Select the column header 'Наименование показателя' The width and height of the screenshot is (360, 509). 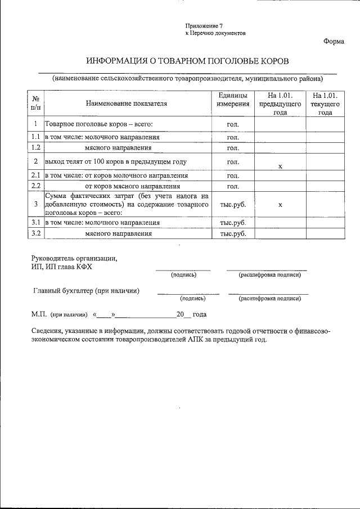[127, 103]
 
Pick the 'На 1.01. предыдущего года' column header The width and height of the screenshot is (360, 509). [280, 104]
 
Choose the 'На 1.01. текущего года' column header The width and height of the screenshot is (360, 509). [325, 104]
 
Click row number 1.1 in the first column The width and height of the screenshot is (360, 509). [35, 137]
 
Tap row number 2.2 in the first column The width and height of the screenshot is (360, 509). [35, 185]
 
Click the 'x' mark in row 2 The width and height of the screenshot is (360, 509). [280, 166]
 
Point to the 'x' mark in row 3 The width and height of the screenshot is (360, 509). [280, 205]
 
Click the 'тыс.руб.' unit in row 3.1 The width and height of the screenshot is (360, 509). [233, 223]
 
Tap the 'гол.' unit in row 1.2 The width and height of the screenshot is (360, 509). [233, 148]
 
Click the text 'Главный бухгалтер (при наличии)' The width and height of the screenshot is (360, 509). [87, 291]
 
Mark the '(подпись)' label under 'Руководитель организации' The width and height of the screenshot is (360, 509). [183, 275]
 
